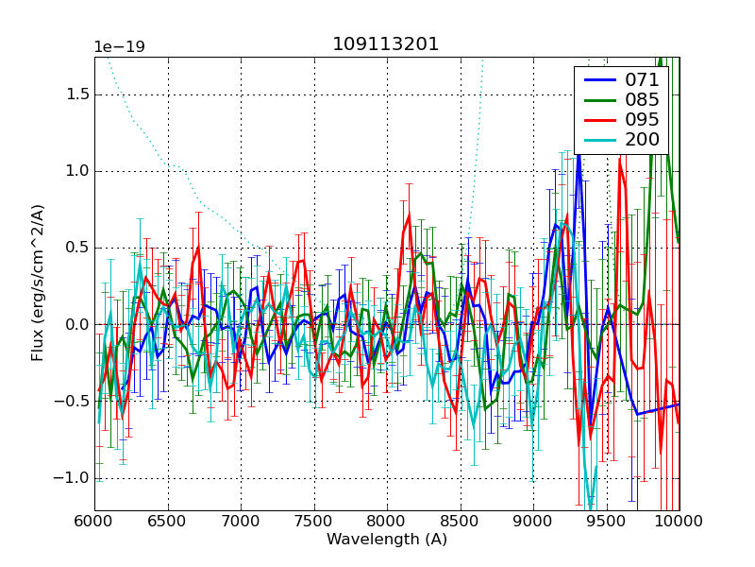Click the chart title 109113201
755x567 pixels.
pyautogui.click(x=386, y=44)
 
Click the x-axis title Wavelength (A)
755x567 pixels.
pyautogui.click(x=387, y=540)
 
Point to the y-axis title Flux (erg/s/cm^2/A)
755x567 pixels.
pyautogui.click(x=38, y=283)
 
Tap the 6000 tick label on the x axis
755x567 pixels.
pyautogui.click(x=94, y=521)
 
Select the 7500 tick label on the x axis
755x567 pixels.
pyautogui.click(x=313, y=521)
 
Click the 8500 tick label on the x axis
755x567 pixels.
pyautogui.click(x=460, y=521)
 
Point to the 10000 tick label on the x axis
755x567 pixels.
pyautogui.click(x=679, y=521)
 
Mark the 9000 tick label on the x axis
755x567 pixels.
pyautogui.click(x=533, y=521)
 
